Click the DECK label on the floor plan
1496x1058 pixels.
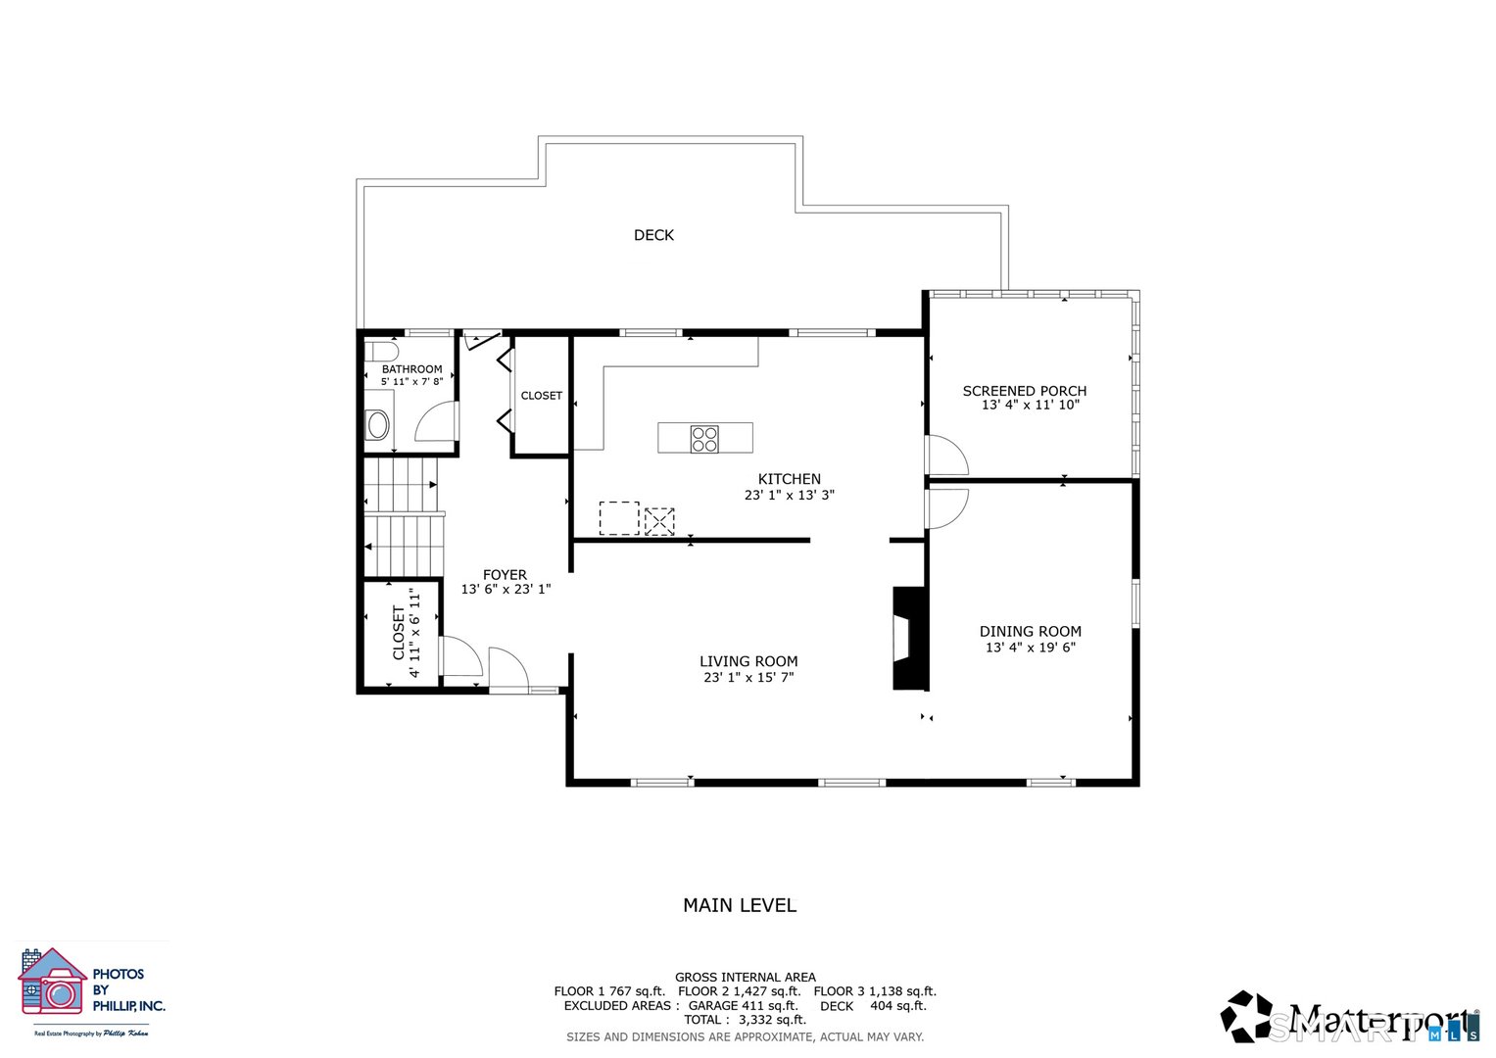pos(653,235)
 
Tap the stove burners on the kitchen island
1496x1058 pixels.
pos(704,439)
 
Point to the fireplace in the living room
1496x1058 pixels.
pos(908,638)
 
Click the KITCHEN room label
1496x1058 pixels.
pos(789,479)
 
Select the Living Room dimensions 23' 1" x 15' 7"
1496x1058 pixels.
pos(748,677)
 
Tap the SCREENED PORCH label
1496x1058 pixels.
pos(1024,391)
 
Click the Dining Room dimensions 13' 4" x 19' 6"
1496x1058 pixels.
pos(1030,648)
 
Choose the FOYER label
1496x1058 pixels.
pos(505,575)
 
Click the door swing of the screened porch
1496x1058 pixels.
pos(945,457)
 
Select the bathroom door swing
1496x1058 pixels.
pos(437,422)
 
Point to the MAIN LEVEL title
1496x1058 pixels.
pos(740,905)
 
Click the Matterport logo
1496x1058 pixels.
pos(1349,1019)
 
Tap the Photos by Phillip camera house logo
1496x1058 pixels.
pos(52,982)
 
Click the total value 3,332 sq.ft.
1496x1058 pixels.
pos(772,1020)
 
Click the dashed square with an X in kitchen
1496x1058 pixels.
pos(659,521)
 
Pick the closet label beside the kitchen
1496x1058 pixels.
pos(541,396)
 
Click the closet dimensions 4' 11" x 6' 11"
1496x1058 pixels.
pos(414,633)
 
